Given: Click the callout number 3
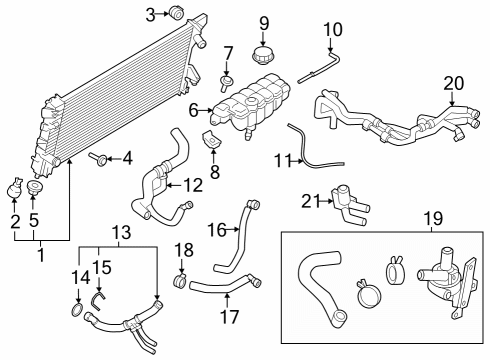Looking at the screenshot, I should pos(151,13).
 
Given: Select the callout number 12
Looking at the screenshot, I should pos(194,184).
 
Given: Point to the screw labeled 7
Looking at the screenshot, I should pos(228,81).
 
